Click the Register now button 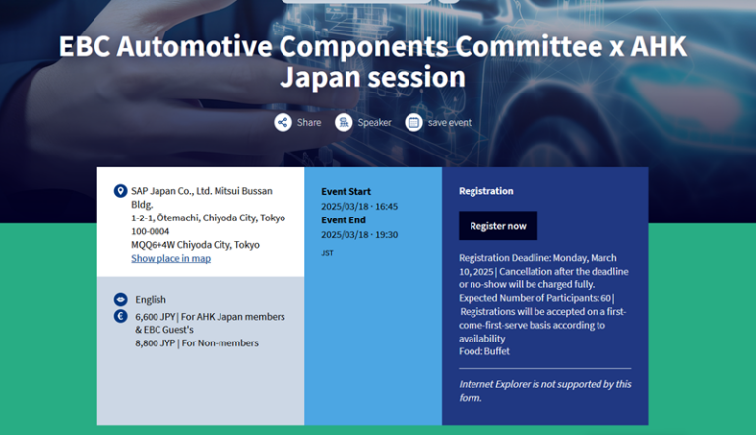pos(498,225)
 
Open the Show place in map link pos(170,258)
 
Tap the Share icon pos(283,122)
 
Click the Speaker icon pos(344,122)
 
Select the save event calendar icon pos(414,122)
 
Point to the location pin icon pos(120,191)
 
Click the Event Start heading pos(346,191)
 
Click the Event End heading pos(344,220)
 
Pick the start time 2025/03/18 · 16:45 pos(359,206)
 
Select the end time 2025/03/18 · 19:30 pos(359,235)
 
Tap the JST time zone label pos(327,253)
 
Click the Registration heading pos(486,191)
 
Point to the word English pos(151,299)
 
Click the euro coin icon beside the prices pos(120,317)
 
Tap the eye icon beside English pos(120,299)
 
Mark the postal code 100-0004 pos(151,231)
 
